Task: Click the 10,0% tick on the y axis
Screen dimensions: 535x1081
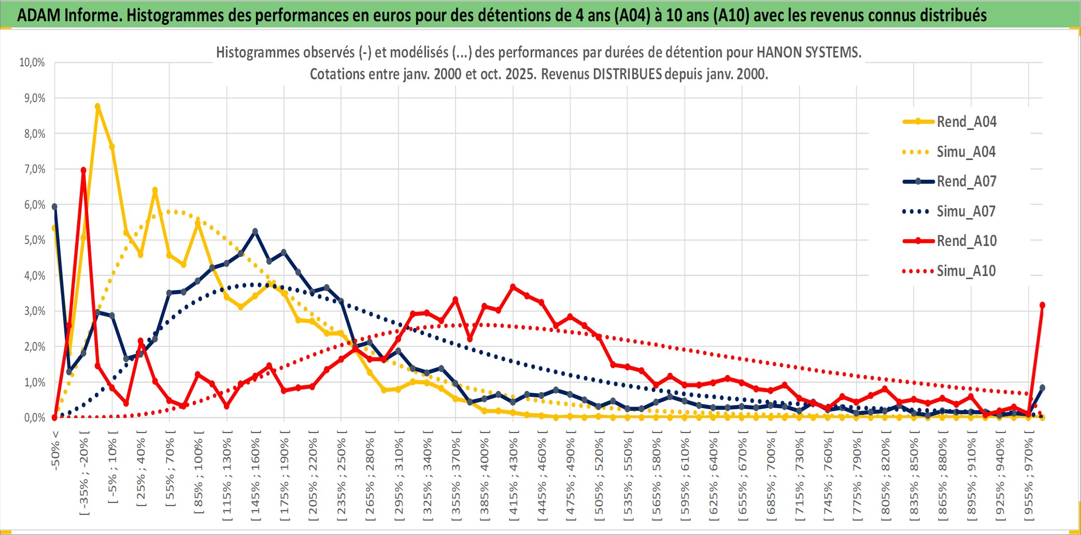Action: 32,63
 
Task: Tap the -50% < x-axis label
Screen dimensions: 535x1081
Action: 55,450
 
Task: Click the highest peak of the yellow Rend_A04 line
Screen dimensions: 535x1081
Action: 97,106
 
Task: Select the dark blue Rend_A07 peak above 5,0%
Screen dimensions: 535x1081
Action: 255,232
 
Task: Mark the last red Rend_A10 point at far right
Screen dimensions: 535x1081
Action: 1042,305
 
